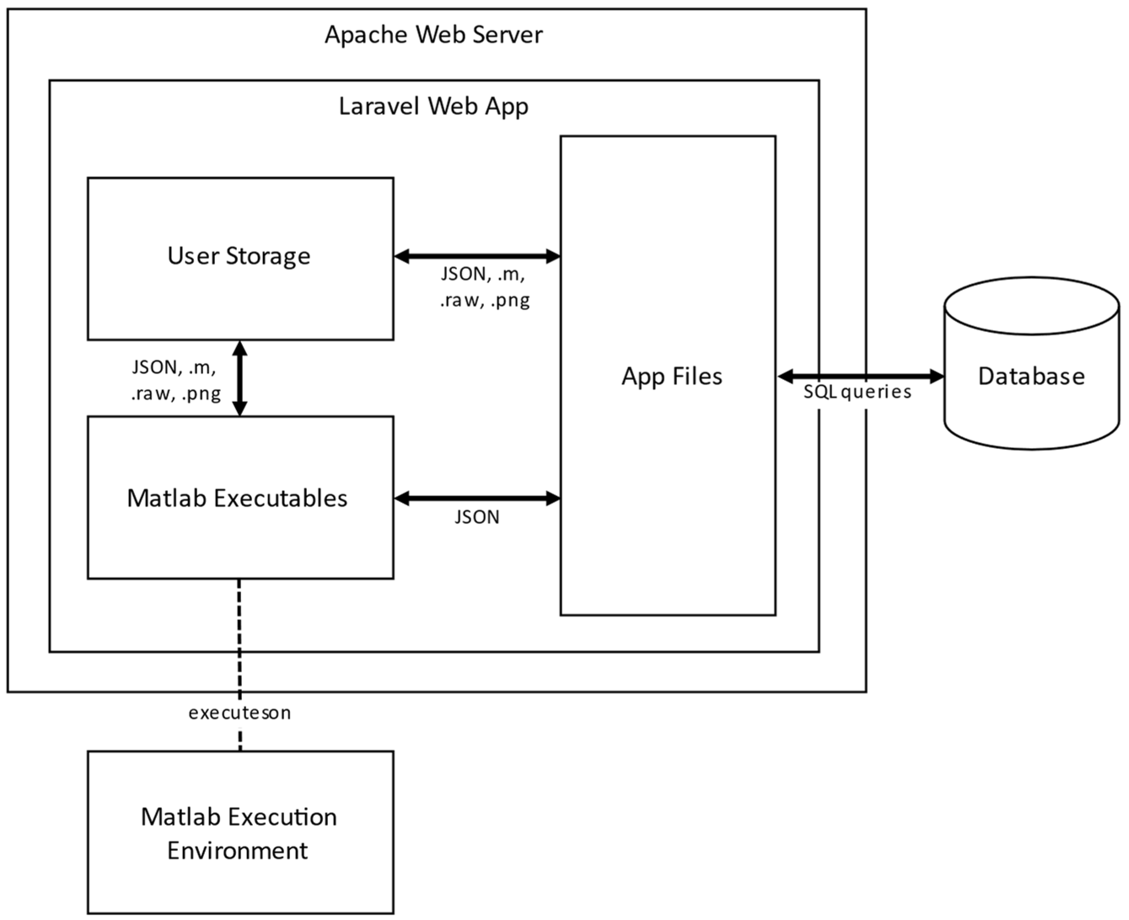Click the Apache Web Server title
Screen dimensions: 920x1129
point(433,35)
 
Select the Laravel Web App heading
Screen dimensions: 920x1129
point(433,106)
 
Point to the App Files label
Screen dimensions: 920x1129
point(671,376)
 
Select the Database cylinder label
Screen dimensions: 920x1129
point(1031,376)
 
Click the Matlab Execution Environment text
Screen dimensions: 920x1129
point(239,833)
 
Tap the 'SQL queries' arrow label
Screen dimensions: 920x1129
point(857,392)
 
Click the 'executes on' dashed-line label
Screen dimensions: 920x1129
point(240,713)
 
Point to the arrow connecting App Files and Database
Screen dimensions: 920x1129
point(860,377)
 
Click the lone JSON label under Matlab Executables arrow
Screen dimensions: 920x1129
point(477,517)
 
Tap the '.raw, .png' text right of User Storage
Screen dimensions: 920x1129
point(484,301)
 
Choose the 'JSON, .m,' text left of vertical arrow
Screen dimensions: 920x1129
point(174,367)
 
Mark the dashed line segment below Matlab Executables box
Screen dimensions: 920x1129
point(240,636)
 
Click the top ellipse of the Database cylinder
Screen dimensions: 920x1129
point(1031,306)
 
